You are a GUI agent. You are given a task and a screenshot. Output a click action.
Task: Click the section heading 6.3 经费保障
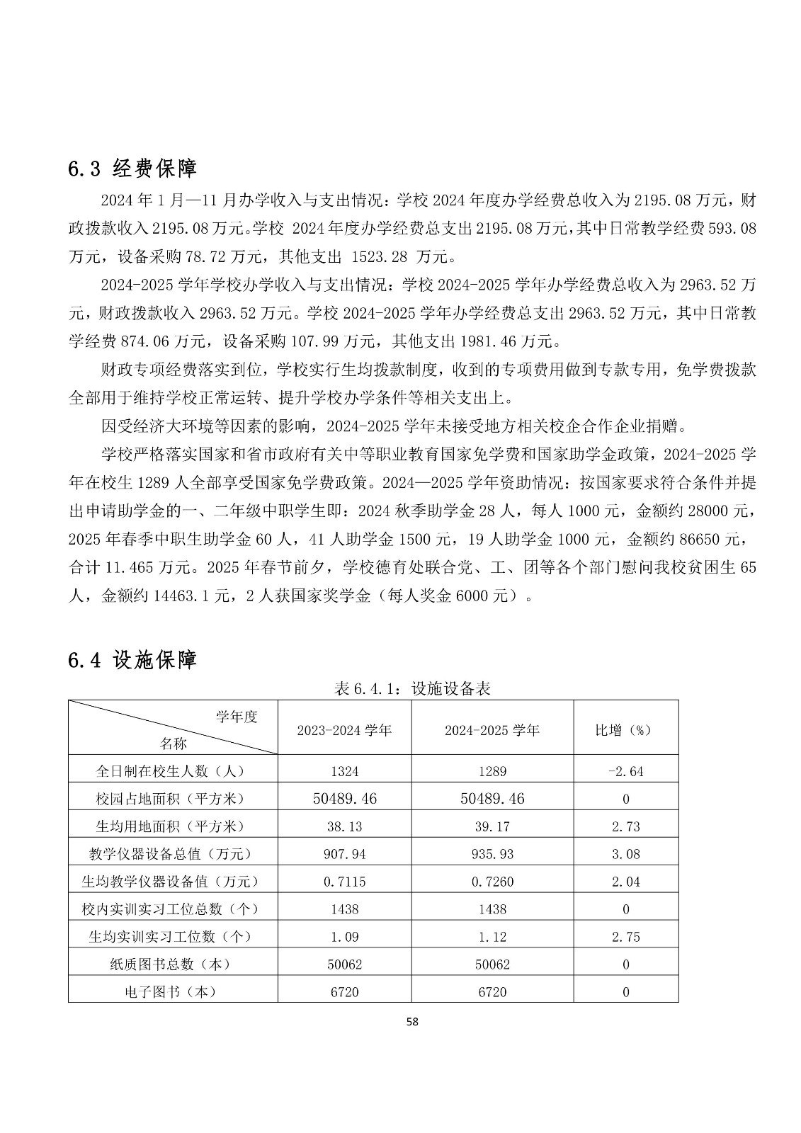click(x=132, y=169)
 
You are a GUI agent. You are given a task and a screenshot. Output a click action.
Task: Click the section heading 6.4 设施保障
click(x=132, y=660)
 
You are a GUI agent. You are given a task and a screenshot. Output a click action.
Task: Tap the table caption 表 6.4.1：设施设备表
click(x=413, y=688)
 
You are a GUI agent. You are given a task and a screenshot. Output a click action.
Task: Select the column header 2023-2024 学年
click(x=344, y=730)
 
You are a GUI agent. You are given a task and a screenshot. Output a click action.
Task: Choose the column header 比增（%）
click(x=625, y=730)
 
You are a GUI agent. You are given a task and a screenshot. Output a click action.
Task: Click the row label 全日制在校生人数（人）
click(x=173, y=771)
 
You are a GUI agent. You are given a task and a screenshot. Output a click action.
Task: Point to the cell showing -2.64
click(x=626, y=771)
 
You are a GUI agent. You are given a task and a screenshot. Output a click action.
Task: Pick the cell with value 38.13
click(x=345, y=826)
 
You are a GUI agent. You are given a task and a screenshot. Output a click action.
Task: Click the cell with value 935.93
click(x=492, y=854)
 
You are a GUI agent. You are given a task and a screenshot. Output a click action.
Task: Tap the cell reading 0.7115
click(x=345, y=882)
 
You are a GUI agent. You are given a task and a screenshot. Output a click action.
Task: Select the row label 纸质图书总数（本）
click(x=173, y=964)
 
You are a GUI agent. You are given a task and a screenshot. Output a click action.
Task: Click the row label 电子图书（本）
click(x=173, y=992)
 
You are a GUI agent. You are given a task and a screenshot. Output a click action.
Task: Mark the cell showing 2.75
click(x=626, y=937)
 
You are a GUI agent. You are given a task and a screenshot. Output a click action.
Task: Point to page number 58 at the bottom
click(x=413, y=1022)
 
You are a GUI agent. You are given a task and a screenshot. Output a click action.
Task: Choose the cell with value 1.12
click(x=492, y=937)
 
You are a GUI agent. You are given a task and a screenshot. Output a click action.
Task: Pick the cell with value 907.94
click(x=345, y=854)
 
